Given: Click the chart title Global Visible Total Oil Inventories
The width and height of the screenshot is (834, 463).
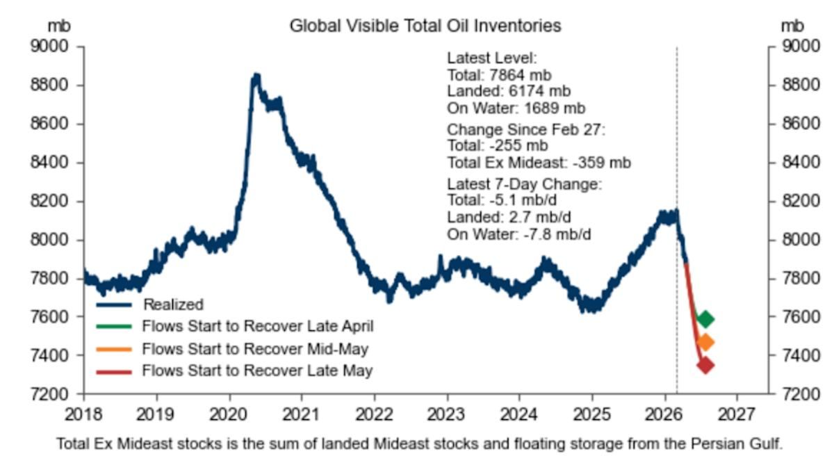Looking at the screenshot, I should point(425,26).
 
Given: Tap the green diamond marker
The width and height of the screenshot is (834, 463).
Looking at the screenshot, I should point(705,319).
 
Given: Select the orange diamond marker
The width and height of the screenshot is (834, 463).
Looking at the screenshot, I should point(705,342).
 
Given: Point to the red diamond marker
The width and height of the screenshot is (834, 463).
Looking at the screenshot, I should point(705,366).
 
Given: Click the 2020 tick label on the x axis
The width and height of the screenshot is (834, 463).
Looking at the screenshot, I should point(229,416).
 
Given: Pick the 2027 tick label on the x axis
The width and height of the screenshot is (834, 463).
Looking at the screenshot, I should point(737,416).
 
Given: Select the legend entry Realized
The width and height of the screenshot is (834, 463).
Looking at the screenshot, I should point(173,304).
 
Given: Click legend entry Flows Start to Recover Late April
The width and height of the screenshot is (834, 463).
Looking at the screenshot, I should point(258,325).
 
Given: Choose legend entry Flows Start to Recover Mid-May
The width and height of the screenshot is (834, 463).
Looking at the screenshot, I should point(255,348).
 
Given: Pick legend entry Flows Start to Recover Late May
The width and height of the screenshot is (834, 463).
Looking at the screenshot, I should point(257,371).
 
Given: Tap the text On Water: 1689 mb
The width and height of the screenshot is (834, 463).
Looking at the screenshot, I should point(516,108).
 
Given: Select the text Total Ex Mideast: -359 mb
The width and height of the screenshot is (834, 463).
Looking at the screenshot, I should point(539,163).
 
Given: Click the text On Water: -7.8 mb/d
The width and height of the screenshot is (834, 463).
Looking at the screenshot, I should point(519,234).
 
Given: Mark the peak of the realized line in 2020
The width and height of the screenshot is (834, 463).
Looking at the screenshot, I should point(256,75).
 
